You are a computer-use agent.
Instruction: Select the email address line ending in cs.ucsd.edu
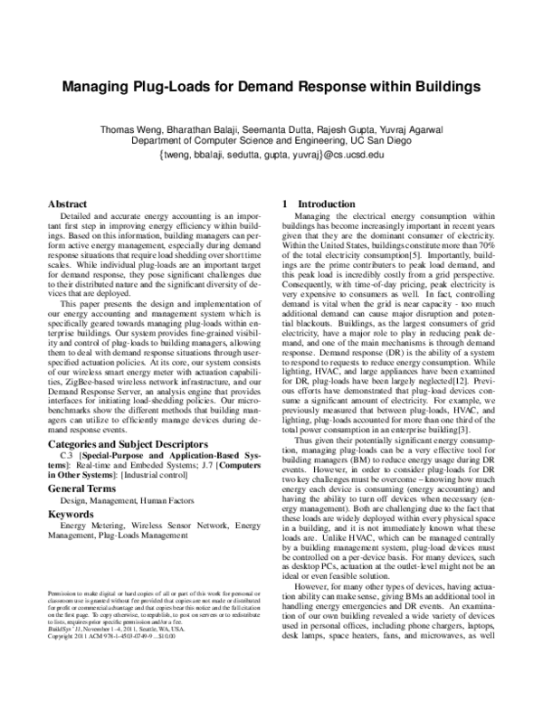click(271, 155)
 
